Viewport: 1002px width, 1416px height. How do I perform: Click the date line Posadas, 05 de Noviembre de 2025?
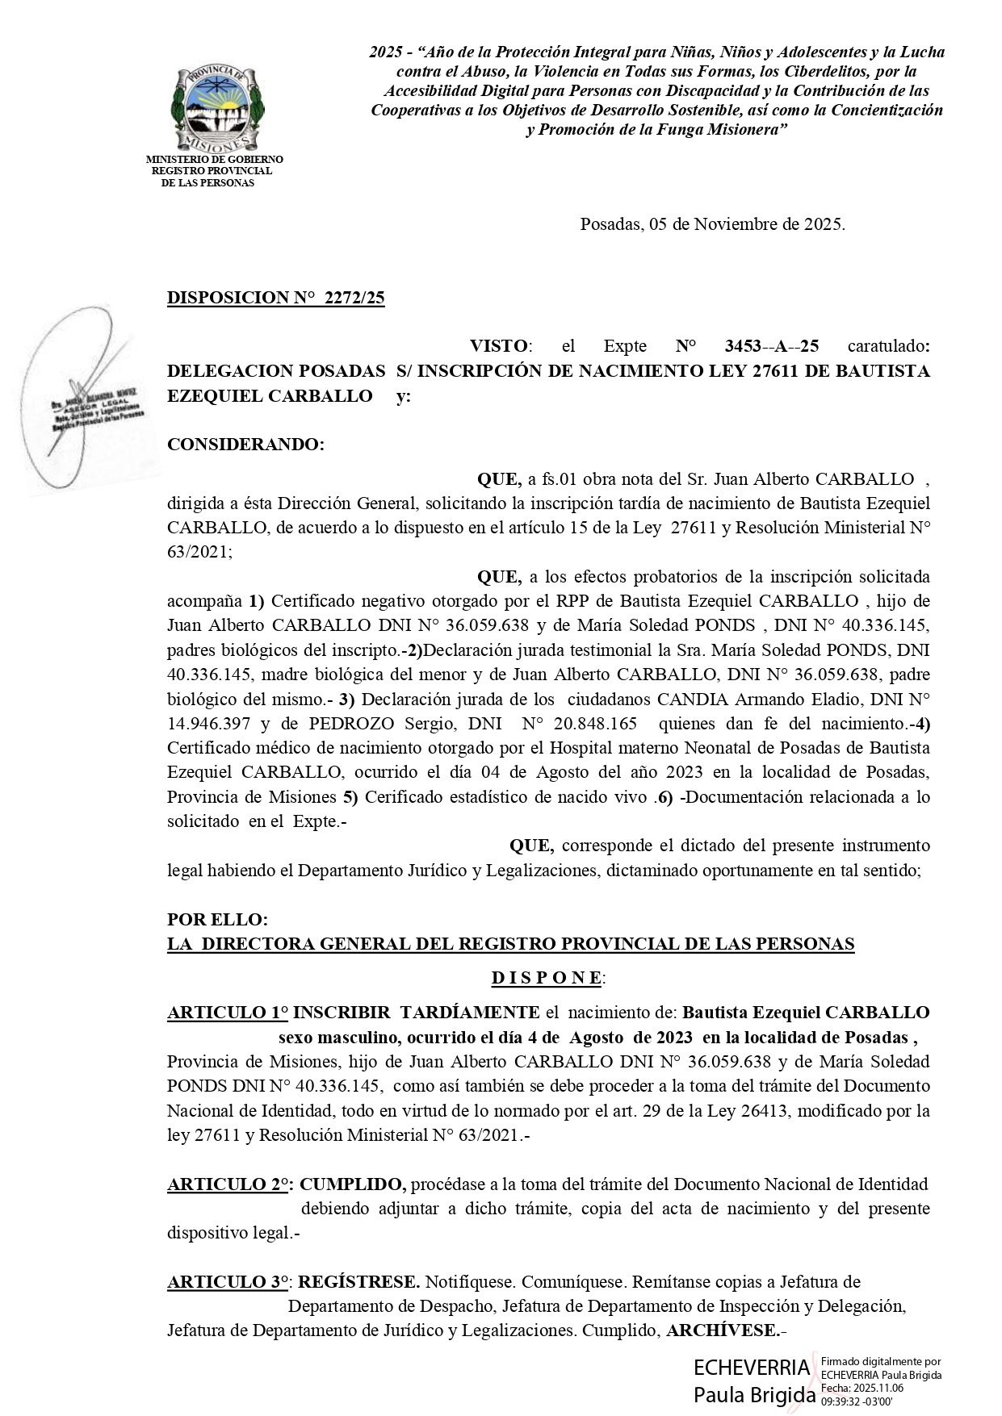(x=712, y=224)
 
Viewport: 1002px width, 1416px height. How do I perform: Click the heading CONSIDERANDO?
(x=245, y=445)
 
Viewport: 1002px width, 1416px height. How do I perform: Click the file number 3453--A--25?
(x=772, y=346)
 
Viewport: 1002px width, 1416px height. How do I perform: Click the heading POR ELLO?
(x=216, y=920)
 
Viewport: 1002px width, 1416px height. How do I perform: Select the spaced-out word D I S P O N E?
(x=547, y=978)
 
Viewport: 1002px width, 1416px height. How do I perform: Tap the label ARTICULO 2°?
(x=228, y=1184)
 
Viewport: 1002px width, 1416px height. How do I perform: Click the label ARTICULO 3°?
(x=228, y=1282)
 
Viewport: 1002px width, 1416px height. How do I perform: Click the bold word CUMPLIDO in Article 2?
(x=353, y=1184)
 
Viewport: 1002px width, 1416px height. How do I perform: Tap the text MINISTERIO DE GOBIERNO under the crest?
(x=214, y=160)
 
